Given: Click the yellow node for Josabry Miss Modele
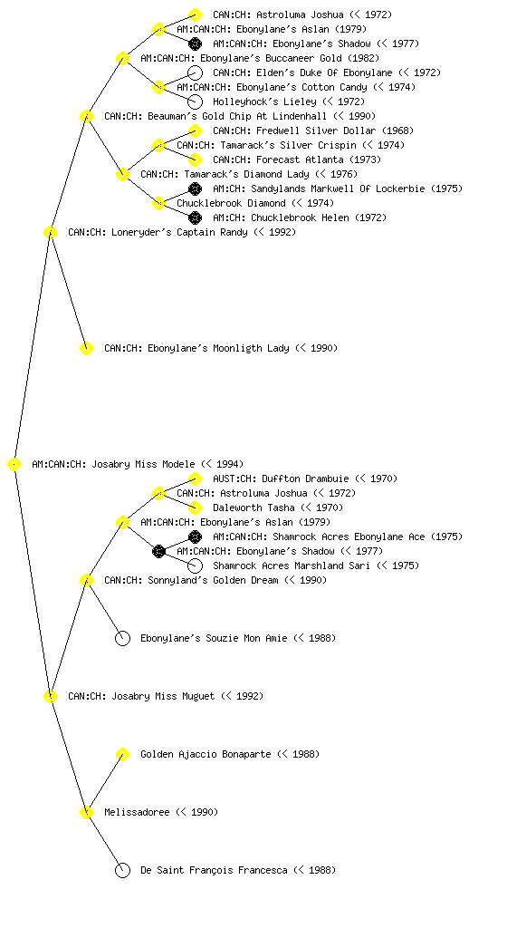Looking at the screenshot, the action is click(x=14, y=465).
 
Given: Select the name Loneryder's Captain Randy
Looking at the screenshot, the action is click(x=158, y=232).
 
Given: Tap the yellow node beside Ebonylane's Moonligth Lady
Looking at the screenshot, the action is click(x=86, y=349).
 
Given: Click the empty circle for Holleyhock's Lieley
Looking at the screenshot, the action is click(x=195, y=101).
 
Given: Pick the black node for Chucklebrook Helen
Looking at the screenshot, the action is click(x=195, y=217).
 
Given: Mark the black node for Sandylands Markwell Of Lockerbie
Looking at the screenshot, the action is click(x=195, y=188).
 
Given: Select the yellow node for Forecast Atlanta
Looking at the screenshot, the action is click(x=195, y=159).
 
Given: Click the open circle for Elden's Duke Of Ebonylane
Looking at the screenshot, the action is click(x=195, y=72).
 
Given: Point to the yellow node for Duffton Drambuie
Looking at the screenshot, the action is click(x=195, y=478).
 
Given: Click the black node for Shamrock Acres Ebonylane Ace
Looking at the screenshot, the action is click(x=195, y=536).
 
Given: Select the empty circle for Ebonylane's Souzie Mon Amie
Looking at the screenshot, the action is click(x=122, y=639).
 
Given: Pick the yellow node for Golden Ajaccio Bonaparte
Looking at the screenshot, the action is click(x=122, y=755).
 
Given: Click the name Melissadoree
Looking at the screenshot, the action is click(x=137, y=812).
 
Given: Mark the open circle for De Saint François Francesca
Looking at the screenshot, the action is click(x=122, y=871).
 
